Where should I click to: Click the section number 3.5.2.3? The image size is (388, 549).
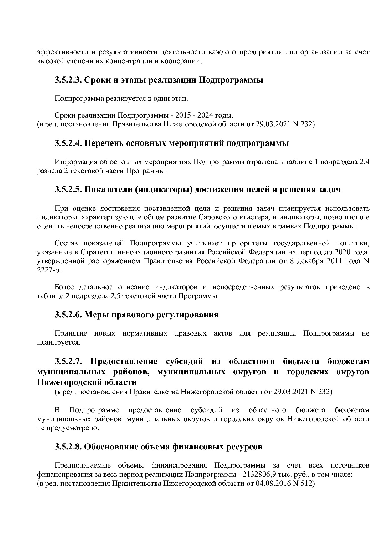click(x=68, y=80)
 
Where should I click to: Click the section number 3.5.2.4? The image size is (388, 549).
click(x=68, y=143)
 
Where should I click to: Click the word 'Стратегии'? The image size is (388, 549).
click(x=95, y=252)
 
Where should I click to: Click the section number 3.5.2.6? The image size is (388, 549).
click(x=68, y=315)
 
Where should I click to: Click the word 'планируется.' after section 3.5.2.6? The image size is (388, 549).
click(x=59, y=342)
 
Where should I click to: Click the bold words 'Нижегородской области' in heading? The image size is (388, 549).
click(x=87, y=382)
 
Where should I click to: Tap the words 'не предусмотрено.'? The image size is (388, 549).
click(x=68, y=428)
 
